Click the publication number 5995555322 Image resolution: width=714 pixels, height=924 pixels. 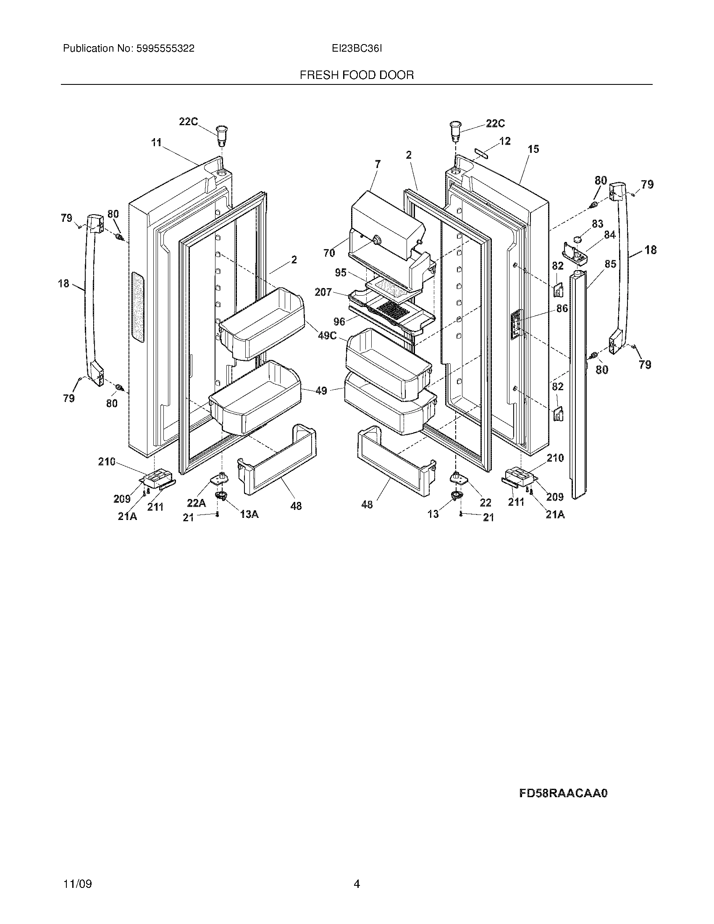pyautogui.click(x=165, y=49)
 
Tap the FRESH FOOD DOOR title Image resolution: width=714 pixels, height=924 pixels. pyautogui.click(x=357, y=75)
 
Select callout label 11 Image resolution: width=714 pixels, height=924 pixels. pyautogui.click(x=157, y=142)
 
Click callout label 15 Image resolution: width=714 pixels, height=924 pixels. pyautogui.click(x=533, y=149)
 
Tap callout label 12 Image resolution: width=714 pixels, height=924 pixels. pyautogui.click(x=504, y=141)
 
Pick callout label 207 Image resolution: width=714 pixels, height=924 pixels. pyautogui.click(x=323, y=292)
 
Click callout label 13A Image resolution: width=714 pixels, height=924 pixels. pyautogui.click(x=249, y=514)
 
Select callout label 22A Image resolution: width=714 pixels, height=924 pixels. pyautogui.click(x=196, y=503)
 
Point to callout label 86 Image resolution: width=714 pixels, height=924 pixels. pyautogui.click(x=562, y=308)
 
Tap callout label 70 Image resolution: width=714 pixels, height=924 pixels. pyautogui.click(x=329, y=253)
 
